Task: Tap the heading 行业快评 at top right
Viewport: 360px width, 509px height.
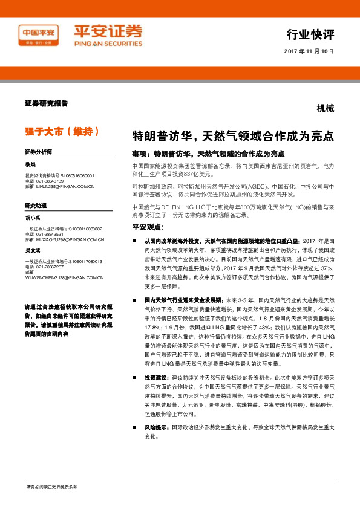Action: point(310,33)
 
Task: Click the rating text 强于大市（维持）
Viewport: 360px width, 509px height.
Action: point(61,131)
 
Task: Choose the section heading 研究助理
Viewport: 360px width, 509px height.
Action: point(36,206)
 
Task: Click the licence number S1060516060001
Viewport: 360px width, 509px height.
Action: point(77,175)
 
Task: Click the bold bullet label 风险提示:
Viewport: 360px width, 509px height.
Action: point(157,427)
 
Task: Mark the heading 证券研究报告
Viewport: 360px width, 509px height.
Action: point(47,103)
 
